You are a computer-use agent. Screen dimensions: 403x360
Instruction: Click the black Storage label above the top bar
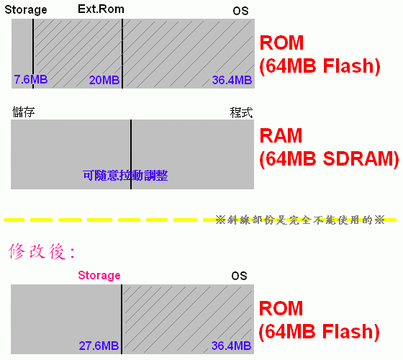(26, 10)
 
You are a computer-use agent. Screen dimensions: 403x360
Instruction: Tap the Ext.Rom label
(101, 9)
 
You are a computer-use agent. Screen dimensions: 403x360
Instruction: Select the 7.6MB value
(31, 79)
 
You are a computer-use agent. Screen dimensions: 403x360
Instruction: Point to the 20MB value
(104, 80)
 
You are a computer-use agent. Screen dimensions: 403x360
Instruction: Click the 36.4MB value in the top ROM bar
(232, 80)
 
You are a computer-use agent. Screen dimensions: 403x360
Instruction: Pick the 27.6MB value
(99, 346)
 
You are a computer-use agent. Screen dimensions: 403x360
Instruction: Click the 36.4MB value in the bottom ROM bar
(231, 346)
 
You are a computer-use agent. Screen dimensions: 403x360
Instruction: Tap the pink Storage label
(99, 275)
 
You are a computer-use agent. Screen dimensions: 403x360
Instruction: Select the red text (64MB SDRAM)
(330, 159)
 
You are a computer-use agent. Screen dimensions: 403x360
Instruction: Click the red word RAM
(281, 135)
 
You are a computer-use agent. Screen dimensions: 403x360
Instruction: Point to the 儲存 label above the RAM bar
(23, 112)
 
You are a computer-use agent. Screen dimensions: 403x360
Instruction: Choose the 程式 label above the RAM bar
(241, 112)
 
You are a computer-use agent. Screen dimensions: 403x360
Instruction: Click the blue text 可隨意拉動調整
(125, 176)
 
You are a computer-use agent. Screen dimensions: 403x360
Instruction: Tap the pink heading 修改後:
(42, 251)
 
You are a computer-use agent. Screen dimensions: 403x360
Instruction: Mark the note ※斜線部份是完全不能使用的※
(300, 220)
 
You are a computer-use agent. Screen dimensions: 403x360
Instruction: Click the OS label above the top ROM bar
(240, 11)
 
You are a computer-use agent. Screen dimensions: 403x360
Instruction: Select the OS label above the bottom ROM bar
(239, 276)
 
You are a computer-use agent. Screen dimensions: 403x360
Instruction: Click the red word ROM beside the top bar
(281, 42)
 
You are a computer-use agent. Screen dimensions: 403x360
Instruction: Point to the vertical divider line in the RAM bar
(131, 155)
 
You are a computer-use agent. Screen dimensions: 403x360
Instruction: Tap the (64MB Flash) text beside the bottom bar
(320, 332)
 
